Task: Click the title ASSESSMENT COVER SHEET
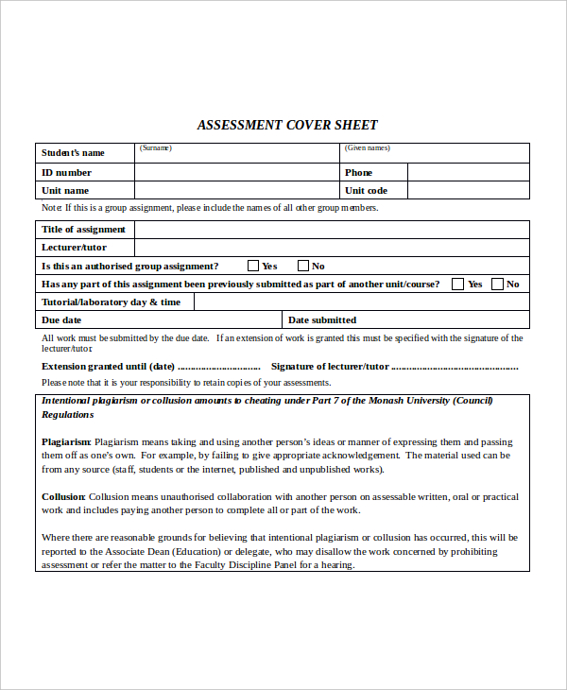click(287, 125)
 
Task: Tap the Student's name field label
click(73, 153)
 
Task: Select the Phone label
click(359, 173)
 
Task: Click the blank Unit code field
click(468, 190)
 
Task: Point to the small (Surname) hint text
click(156, 148)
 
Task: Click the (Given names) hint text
click(368, 148)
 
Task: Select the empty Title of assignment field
click(331, 229)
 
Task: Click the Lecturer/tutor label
click(74, 248)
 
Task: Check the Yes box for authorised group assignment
click(253, 266)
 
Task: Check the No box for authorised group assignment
click(303, 266)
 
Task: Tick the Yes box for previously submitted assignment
click(458, 284)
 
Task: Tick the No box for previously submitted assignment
click(497, 284)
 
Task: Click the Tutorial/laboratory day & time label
click(111, 302)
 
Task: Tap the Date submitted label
click(322, 320)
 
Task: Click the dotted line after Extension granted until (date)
click(219, 368)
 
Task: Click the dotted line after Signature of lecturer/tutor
click(455, 368)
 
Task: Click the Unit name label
click(65, 191)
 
